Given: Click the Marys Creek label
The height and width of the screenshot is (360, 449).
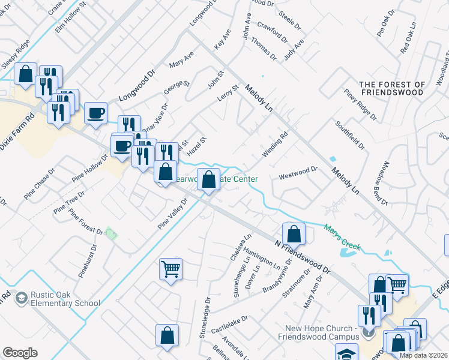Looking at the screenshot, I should (x=342, y=237).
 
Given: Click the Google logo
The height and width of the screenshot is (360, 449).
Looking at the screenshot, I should (x=20, y=353).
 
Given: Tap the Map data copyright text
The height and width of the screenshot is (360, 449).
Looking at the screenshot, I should (x=423, y=355).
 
